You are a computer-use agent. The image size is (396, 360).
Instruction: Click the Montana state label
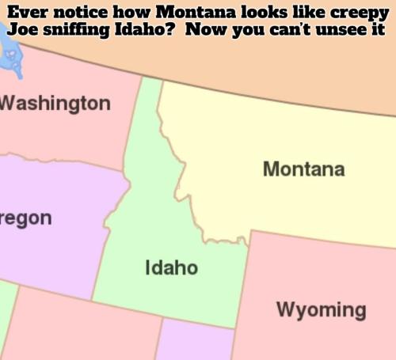coord(303,169)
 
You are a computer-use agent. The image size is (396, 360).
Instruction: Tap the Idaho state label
coord(171,268)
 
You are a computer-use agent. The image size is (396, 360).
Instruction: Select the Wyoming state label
coord(321,309)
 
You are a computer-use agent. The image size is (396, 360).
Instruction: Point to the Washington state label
coord(55,103)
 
